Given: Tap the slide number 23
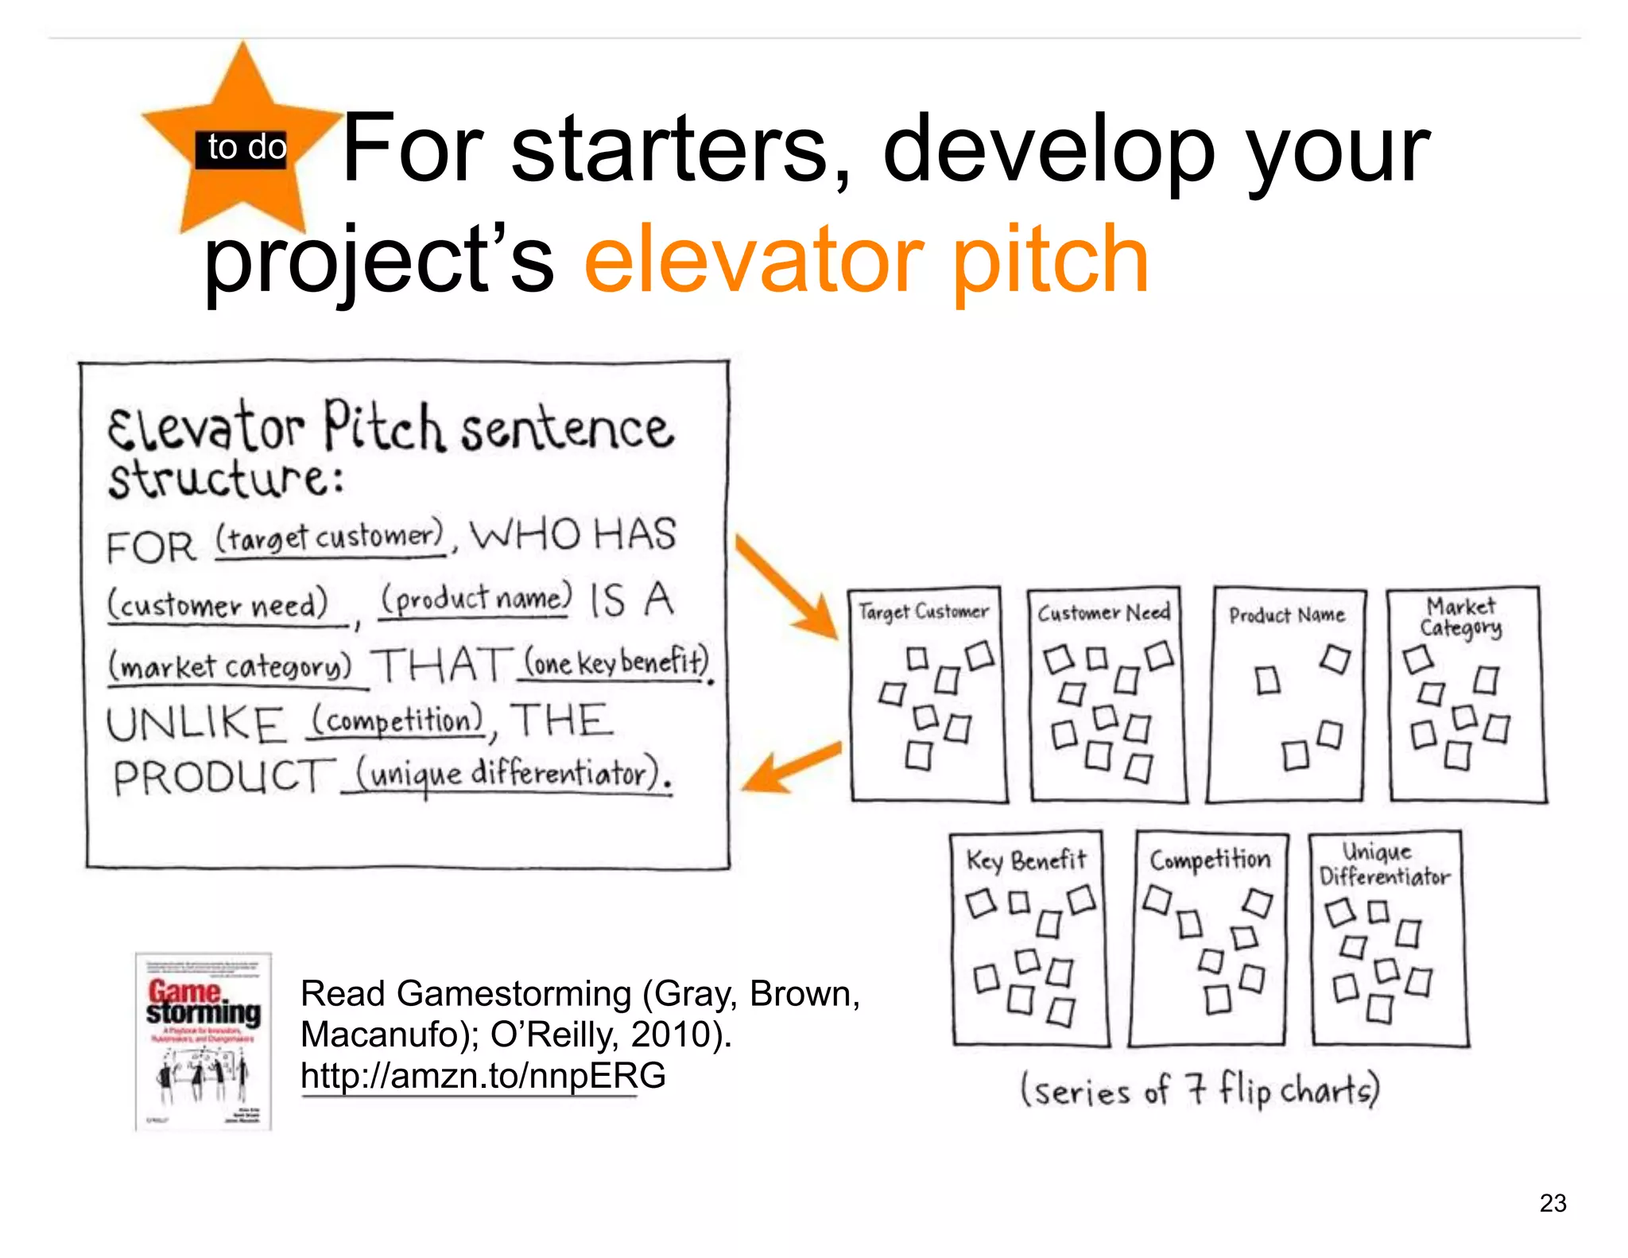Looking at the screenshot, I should click(1552, 1203).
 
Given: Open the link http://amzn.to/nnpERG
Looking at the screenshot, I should click(483, 1076).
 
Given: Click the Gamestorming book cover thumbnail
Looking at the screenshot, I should click(203, 1041).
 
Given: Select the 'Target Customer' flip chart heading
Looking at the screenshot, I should click(924, 612).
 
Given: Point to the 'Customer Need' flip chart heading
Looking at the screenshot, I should click(1103, 613).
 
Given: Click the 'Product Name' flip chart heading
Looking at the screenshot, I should click(1286, 615).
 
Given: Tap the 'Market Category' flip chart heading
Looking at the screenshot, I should click(1461, 617).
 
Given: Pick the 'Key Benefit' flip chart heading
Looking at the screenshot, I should click(1025, 860).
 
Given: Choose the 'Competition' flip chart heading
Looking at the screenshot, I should click(1210, 860).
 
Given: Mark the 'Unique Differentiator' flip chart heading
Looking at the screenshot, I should click(1383, 865).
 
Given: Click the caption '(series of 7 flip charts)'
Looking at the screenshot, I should click(1200, 1090).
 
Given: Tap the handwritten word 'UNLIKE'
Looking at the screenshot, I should click(196, 724).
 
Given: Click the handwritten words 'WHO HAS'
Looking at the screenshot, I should click(572, 534).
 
